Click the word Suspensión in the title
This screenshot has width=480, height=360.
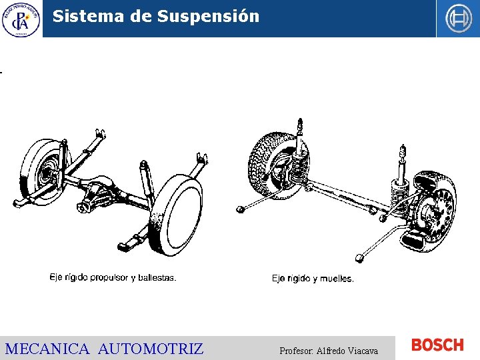[x=209, y=17]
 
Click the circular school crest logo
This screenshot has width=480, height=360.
[x=21, y=19]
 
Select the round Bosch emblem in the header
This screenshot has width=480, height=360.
[x=458, y=19]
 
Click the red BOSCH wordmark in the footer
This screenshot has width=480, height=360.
[x=437, y=345]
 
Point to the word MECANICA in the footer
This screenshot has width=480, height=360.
[x=47, y=349]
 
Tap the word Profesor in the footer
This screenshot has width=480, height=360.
[x=296, y=351]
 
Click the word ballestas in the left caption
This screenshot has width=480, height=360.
[x=156, y=278]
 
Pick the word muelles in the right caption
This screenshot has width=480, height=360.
[x=337, y=279]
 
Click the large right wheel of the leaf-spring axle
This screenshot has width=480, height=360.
[x=177, y=213]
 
